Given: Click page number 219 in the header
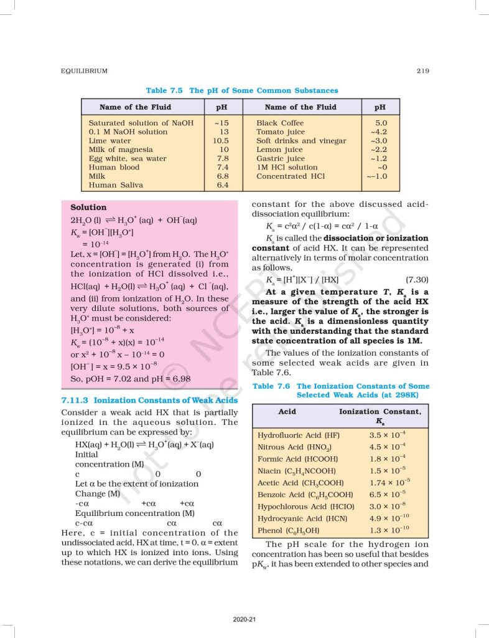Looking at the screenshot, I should click(422, 71).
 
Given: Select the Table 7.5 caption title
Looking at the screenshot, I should click(242, 90).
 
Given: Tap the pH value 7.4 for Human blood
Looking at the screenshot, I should click(223, 167).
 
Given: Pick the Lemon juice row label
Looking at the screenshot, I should click(279, 150).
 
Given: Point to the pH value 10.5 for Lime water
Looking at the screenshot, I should click(220, 141).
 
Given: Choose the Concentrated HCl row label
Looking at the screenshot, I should click(290, 176).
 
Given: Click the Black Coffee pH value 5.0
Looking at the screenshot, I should click(381, 123).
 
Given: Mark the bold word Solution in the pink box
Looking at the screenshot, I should click(88, 207).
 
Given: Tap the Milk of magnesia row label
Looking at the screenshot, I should click(121, 150).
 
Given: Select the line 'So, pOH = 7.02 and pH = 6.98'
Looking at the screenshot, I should click(131, 378).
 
